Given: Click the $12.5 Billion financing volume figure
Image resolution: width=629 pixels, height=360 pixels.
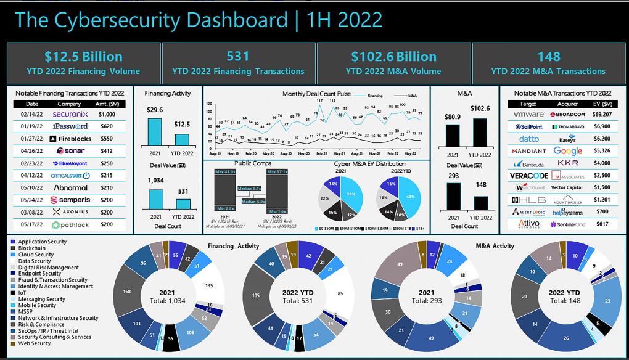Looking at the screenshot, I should (x=84, y=57).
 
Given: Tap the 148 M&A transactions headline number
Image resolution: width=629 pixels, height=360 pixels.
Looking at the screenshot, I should (x=548, y=57).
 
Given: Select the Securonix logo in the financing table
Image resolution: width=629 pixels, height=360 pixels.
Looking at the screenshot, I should (x=70, y=114).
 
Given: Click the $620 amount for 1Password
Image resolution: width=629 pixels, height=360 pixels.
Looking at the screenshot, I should (x=108, y=126).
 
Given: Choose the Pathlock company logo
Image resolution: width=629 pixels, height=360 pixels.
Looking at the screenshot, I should (x=70, y=225).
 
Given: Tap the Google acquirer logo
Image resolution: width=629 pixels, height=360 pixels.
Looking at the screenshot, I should (x=567, y=151).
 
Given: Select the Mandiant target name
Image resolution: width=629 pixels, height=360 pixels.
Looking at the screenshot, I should (x=528, y=151).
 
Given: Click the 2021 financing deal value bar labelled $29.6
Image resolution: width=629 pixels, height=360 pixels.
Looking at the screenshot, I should (x=155, y=130).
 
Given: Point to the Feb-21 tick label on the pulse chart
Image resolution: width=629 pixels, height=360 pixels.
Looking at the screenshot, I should (x=322, y=153).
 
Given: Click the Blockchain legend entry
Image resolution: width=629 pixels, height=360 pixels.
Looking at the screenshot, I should (x=31, y=248).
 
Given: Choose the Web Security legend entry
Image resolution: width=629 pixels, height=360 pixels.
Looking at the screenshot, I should (x=35, y=343).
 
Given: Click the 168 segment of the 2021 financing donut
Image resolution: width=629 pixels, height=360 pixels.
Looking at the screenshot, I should (x=128, y=292).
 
